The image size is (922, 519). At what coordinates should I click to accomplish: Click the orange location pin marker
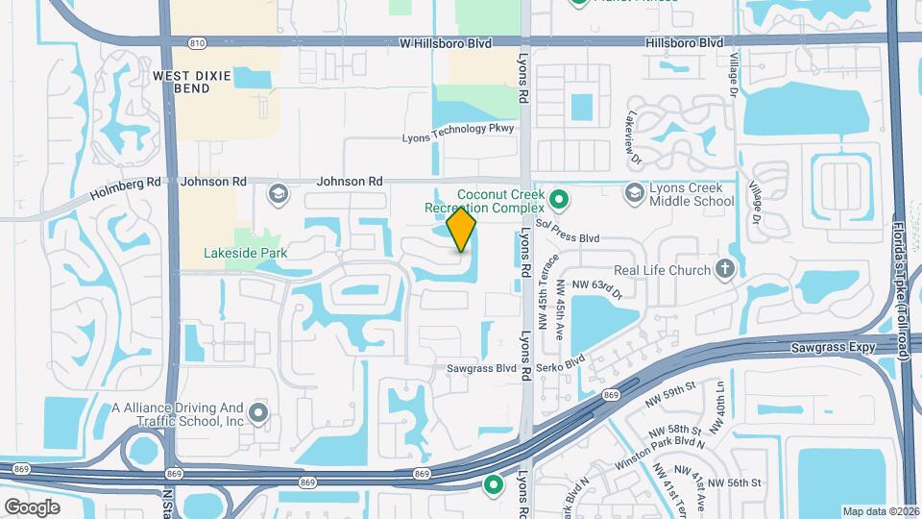(461, 230)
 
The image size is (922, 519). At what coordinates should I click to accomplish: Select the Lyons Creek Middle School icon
(634, 194)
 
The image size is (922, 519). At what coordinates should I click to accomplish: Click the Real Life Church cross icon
(725, 271)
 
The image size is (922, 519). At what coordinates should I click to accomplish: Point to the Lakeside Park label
(246, 254)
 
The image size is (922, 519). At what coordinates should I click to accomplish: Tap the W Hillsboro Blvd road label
(445, 44)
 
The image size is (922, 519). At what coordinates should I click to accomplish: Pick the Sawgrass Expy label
(835, 347)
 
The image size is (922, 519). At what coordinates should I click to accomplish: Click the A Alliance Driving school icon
(258, 413)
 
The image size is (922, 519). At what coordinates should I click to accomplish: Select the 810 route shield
(197, 43)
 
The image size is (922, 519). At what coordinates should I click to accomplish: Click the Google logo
(32, 507)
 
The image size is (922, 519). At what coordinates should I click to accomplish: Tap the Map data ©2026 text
(881, 511)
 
